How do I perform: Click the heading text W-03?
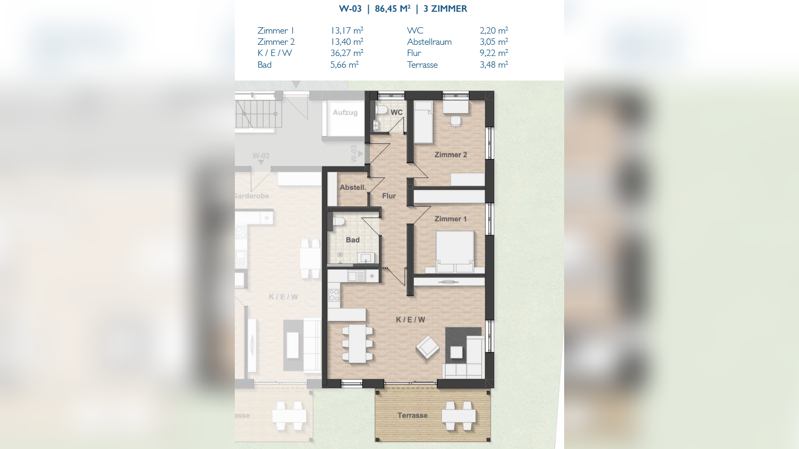(x=350, y=9)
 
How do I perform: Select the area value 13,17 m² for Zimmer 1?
(x=346, y=30)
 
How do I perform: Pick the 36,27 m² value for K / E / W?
(x=346, y=53)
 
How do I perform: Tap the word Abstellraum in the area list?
(x=429, y=42)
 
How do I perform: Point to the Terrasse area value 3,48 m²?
(x=494, y=65)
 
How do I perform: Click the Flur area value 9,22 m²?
(x=494, y=53)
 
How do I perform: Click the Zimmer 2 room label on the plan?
(x=450, y=155)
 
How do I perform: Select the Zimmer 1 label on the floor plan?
(x=450, y=219)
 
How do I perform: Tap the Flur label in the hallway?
(x=389, y=196)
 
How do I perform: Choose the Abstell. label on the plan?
(x=353, y=187)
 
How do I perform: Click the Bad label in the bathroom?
(x=352, y=240)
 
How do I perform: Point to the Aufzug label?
(x=345, y=113)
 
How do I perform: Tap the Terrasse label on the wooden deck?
(x=412, y=415)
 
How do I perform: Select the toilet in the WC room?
(x=381, y=109)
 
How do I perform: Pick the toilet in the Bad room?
(x=338, y=221)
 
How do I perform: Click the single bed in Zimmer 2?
(x=423, y=122)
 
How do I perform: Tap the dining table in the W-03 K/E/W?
(x=358, y=343)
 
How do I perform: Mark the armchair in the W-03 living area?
(x=428, y=348)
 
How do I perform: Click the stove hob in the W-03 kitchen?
(x=334, y=295)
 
